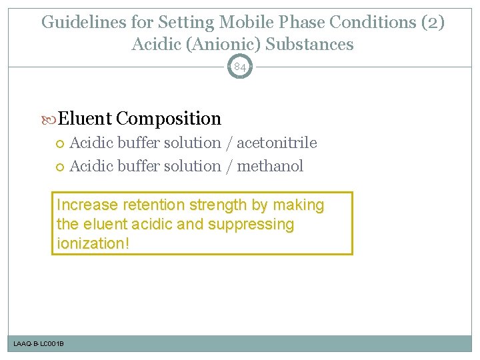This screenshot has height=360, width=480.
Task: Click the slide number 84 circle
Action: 240,67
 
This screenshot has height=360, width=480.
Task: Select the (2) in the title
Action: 432,23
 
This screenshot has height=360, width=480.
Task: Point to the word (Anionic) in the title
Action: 217,45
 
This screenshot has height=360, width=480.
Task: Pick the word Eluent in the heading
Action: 85,119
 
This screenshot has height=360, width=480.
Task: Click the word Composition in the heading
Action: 168,119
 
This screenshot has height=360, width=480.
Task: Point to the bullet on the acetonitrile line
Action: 62,143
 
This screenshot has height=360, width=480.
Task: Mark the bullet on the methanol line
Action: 62,167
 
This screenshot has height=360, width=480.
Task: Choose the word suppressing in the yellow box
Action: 251,224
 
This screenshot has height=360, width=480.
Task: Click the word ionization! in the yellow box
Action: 93,243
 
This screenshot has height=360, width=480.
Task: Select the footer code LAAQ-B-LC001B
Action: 39,343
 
